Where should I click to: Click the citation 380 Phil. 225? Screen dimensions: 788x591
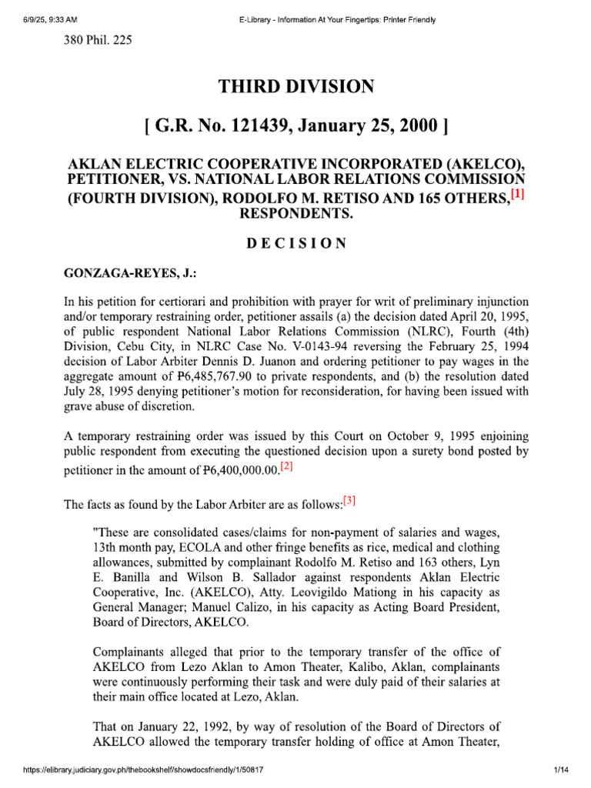(x=98, y=40)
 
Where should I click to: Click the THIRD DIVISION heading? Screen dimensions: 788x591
(x=296, y=87)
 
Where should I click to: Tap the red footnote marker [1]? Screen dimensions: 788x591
(x=517, y=196)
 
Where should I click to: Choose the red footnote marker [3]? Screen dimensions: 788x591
(x=349, y=501)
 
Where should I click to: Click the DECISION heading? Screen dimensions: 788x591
(x=296, y=244)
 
